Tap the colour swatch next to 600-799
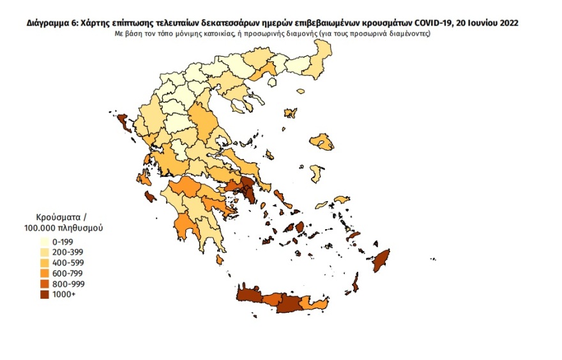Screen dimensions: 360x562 pos(45,273)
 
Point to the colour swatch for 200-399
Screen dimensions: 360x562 pos(45,252)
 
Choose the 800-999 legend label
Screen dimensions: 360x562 pos(66,283)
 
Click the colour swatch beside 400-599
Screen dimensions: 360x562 pos(45,263)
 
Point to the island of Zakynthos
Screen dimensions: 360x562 pos(150,197)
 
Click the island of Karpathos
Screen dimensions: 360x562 pos(356,281)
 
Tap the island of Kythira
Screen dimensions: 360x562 pos(220,259)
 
